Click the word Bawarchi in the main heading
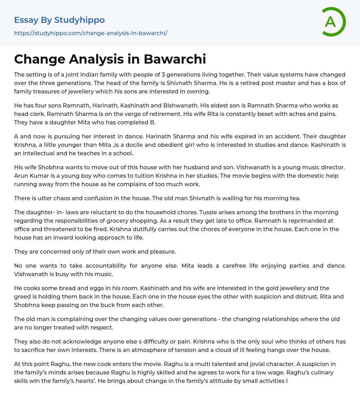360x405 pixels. (x=175, y=59)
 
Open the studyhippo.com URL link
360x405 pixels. (x=91, y=33)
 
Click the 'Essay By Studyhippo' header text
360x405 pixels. (x=59, y=20)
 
